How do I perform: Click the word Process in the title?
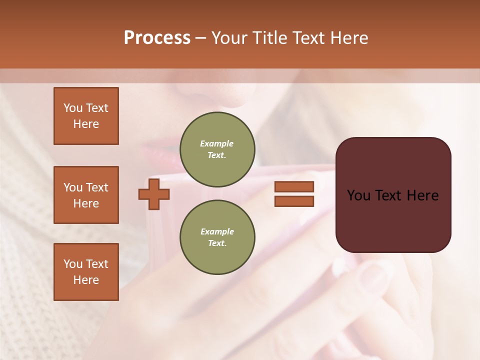tap(157, 38)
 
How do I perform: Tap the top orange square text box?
tap(86, 116)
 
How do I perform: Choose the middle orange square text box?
tap(86, 195)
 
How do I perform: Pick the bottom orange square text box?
tap(86, 272)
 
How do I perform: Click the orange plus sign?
tap(154, 194)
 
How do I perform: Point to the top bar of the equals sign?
tap(294, 186)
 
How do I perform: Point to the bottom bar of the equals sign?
tap(294, 201)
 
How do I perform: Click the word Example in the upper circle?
tap(216, 143)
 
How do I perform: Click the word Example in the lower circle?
tap(217, 231)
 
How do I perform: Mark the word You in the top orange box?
tap(73, 108)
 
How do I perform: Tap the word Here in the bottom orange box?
tap(86, 280)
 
